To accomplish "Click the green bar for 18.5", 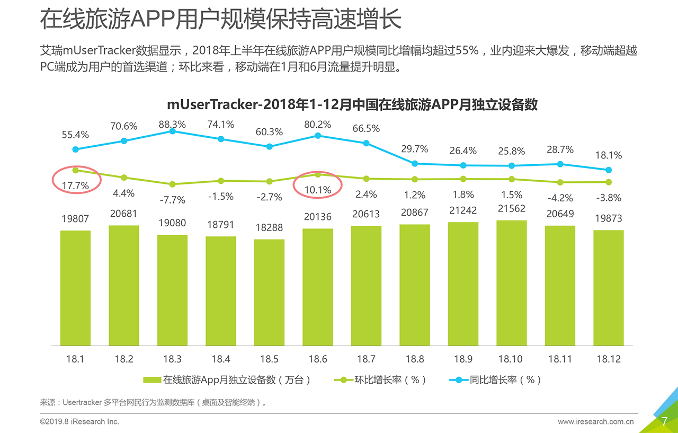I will point(269,293).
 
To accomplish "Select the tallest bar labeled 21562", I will point(512,283).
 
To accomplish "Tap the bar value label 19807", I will point(75,219).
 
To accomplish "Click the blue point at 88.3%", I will point(173,131).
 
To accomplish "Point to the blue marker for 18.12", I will point(609,170).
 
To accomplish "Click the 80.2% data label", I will point(318,125).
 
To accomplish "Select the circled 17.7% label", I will point(75,185).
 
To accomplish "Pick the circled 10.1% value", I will point(318,190).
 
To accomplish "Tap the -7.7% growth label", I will point(173,200).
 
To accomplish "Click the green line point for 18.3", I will point(173,184).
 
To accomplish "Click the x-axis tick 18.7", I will point(366,359).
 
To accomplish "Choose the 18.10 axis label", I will point(511,359).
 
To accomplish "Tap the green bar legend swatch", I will point(152,380).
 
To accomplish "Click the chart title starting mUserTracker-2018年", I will point(352,104).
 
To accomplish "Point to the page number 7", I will point(664,421).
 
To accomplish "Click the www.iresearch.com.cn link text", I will point(596,422).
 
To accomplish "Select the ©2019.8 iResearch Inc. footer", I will point(79,422).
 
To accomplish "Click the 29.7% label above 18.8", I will point(415,149).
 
